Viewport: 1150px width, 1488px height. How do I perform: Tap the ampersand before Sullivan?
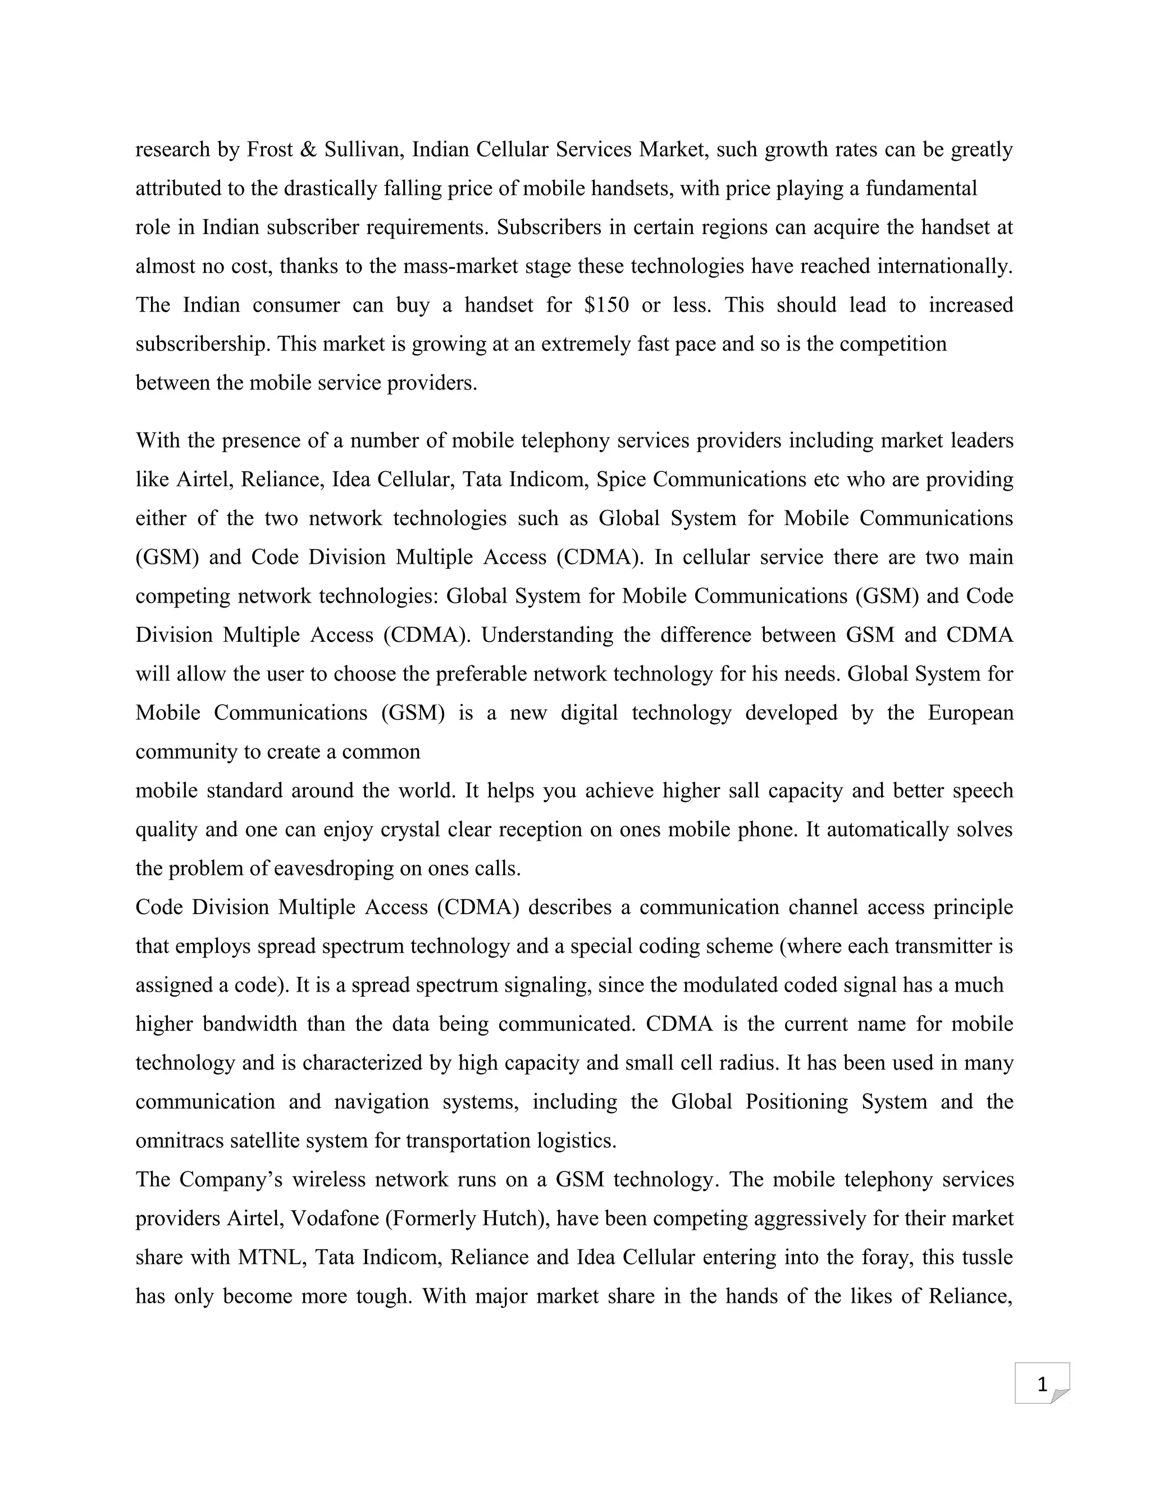coord(308,149)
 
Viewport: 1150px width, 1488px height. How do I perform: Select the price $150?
coord(606,304)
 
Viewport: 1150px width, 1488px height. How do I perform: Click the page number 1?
coord(1042,1385)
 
